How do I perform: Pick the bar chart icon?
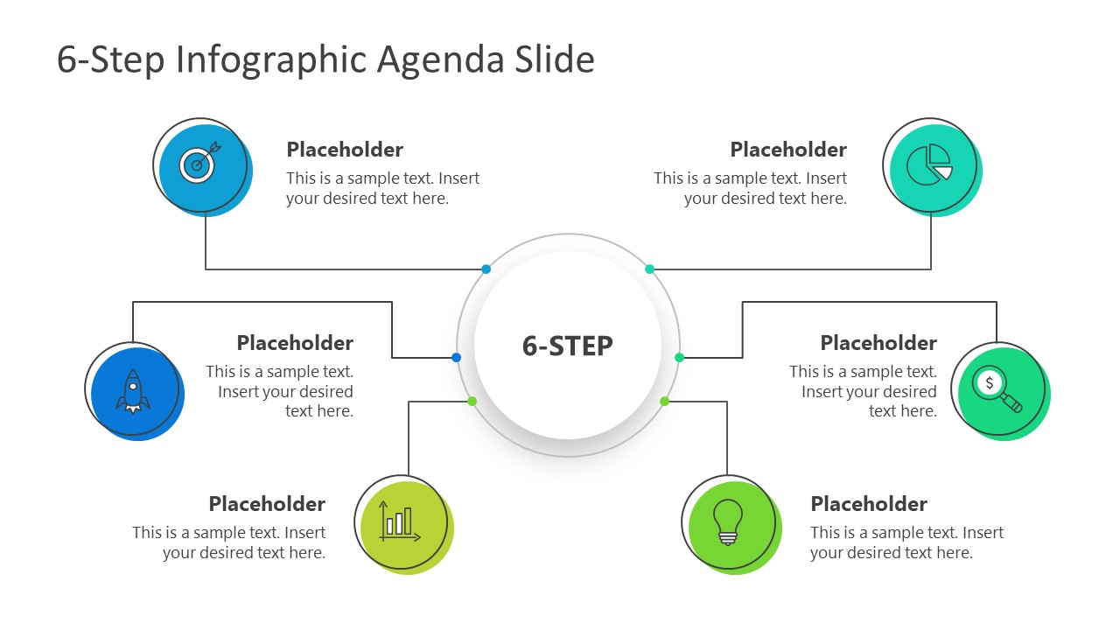(400, 521)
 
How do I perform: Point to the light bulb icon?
(728, 522)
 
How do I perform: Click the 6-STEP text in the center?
(567, 346)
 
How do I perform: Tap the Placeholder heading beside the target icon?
(345, 150)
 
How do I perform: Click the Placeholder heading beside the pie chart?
(788, 150)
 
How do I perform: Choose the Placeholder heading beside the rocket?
(295, 343)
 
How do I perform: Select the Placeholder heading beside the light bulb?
(868, 504)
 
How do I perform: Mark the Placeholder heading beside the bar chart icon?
(267, 504)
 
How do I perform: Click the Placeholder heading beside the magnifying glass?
(878, 343)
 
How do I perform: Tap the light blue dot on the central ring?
(486, 269)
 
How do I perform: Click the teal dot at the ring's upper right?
(649, 269)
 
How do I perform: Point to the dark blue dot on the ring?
(456, 357)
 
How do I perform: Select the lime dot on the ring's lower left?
(472, 401)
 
